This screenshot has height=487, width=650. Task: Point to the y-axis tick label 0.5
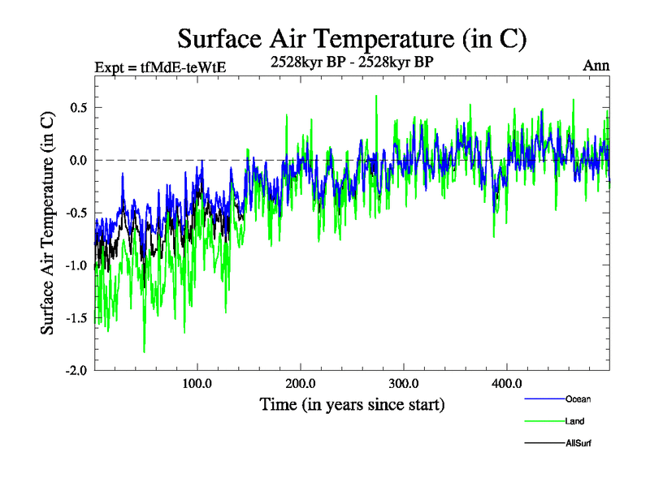78,107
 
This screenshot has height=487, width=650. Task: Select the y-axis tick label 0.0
78,160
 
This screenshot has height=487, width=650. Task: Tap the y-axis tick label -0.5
76,213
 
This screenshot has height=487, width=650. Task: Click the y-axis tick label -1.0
76,265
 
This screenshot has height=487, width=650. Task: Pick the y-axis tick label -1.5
76,317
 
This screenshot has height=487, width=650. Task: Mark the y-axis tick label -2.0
76,370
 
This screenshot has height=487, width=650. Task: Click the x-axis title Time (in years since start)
352,403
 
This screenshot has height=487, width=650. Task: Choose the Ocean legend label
578,399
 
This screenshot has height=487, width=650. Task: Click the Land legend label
575,421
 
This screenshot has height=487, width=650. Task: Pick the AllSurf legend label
578,443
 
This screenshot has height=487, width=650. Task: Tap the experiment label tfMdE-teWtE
160,67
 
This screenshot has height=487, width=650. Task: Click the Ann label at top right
596,65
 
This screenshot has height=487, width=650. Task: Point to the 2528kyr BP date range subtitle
353,62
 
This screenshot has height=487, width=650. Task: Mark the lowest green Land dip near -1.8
144,351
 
